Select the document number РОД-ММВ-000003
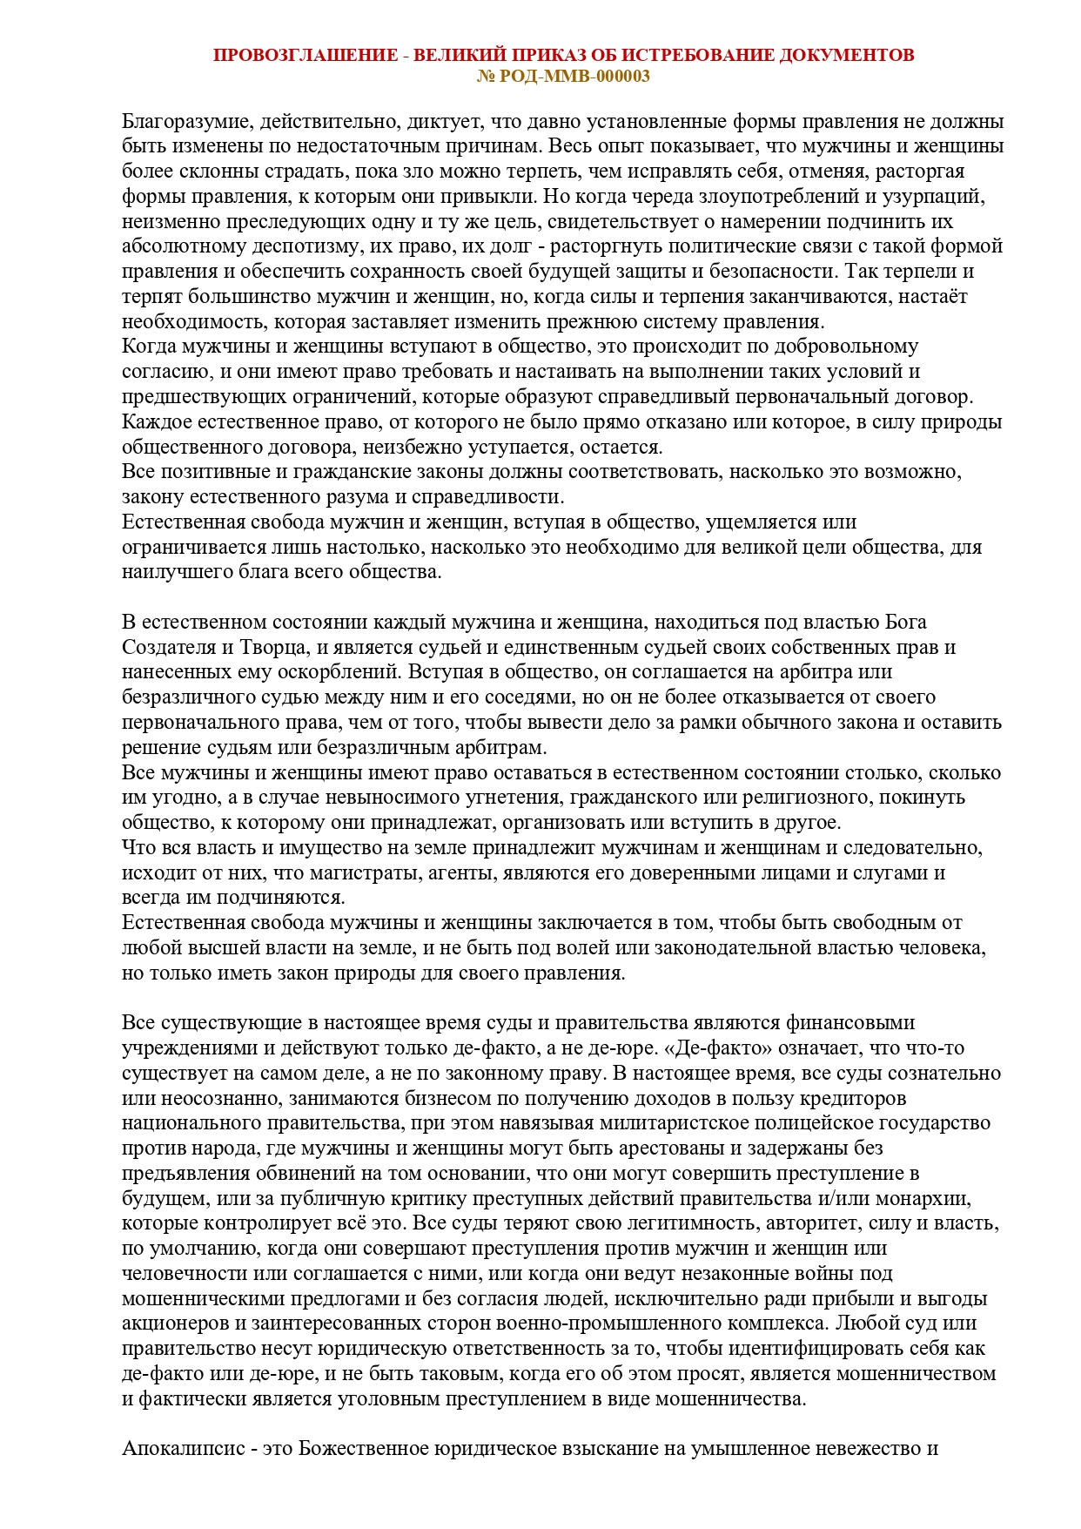point(574,76)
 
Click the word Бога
point(906,623)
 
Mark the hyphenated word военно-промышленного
point(580,1324)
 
